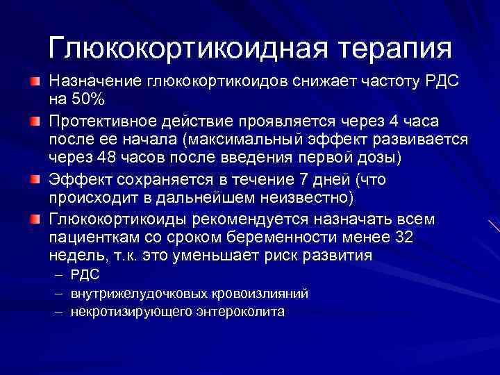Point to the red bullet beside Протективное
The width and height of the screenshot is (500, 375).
pos(35,122)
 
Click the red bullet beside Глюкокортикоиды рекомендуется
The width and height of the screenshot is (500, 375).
pos(35,220)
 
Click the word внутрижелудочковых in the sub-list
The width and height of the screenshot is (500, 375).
pos(135,294)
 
